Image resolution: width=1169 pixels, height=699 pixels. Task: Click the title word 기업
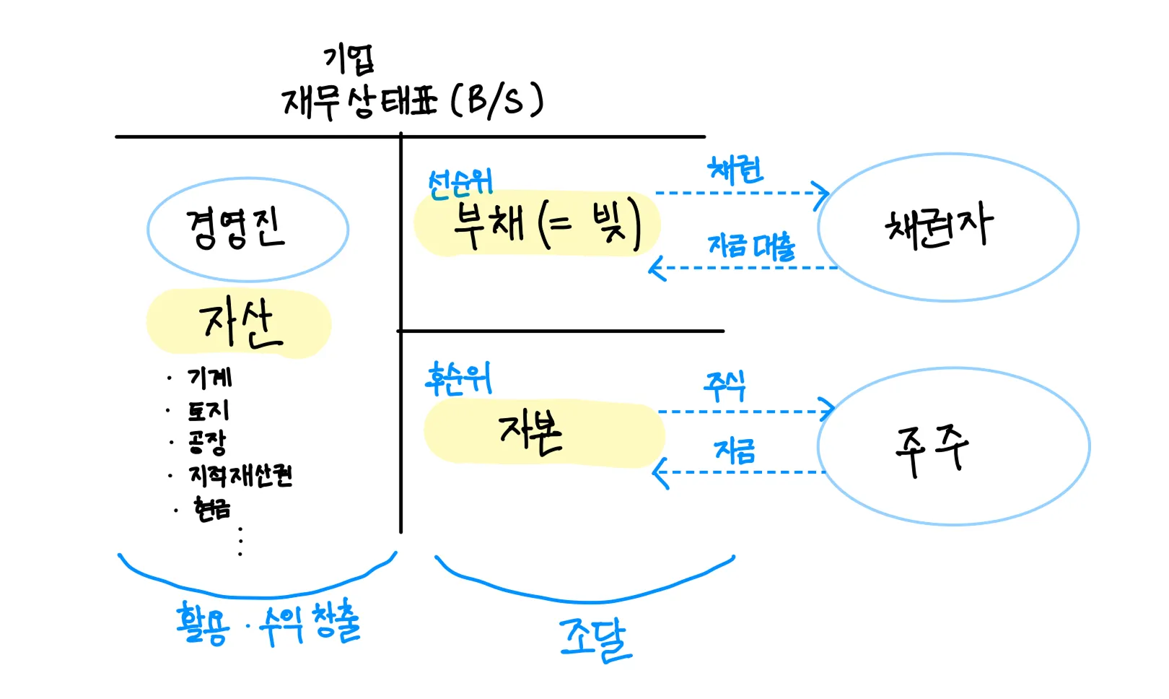pyautogui.click(x=349, y=59)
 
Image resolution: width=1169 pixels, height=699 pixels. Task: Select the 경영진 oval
pyautogui.click(x=248, y=229)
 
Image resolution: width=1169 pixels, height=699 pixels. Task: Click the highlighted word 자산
pyautogui.click(x=239, y=324)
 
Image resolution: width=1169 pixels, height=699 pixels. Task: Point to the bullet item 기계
pyautogui.click(x=210, y=377)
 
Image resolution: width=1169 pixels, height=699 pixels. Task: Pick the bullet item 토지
pyautogui.click(x=209, y=410)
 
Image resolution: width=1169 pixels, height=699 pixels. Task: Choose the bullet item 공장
pyautogui.click(x=208, y=440)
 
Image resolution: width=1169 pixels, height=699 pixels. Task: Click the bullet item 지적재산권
pyautogui.click(x=240, y=474)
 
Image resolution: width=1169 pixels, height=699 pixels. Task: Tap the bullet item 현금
pyautogui.click(x=212, y=508)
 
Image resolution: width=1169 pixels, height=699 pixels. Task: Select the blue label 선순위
pyautogui.click(x=460, y=183)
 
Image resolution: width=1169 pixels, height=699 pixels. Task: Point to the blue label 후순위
pyautogui.click(x=459, y=378)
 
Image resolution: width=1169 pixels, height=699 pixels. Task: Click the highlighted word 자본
pyautogui.click(x=530, y=433)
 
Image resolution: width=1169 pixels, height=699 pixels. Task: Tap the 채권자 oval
pyautogui.click(x=947, y=227)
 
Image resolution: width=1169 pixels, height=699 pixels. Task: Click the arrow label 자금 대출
pyautogui.click(x=751, y=246)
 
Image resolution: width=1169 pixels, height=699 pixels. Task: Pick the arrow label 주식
pyautogui.click(x=725, y=386)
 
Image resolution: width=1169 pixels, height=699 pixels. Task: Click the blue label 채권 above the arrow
pyautogui.click(x=735, y=170)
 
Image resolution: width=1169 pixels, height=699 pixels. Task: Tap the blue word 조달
pyautogui.click(x=595, y=638)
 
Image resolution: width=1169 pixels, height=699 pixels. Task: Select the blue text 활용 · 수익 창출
pyautogui.click(x=268, y=623)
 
